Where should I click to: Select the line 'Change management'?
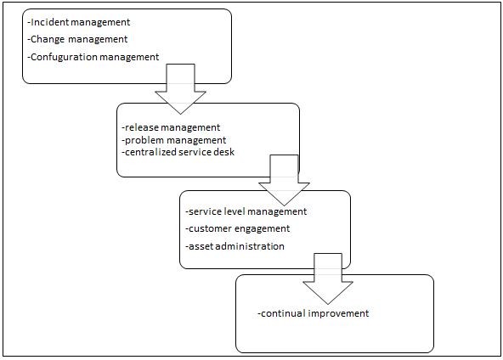(77, 39)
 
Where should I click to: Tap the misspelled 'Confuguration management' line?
(93, 57)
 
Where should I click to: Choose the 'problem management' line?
(174, 139)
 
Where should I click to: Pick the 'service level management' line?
(246, 211)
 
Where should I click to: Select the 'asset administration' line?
(235, 246)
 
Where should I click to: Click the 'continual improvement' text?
(314, 313)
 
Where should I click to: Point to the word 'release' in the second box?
(140, 127)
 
